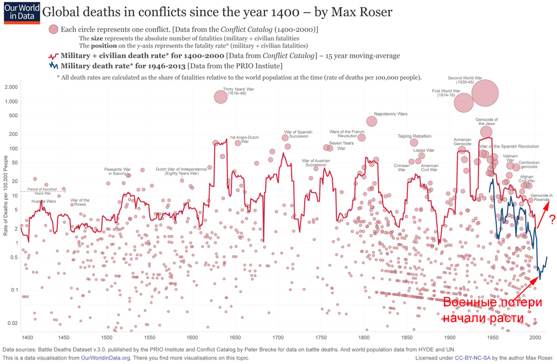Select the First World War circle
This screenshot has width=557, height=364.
(463, 102)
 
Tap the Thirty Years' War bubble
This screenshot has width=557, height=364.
(220, 97)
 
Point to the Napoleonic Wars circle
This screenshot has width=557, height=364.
(372, 121)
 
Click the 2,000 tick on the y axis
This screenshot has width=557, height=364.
(11, 87)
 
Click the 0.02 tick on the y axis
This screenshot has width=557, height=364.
(12, 323)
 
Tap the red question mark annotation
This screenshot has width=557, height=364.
(552, 220)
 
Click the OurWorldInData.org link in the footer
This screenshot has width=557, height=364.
(106, 357)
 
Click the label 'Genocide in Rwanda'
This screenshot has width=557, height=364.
(542, 197)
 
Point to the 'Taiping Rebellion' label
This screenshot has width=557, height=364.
(414, 136)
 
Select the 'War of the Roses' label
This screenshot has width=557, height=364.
(79, 202)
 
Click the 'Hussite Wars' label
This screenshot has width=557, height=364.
(44, 201)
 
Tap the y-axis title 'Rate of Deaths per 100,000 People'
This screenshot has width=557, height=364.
(5, 195)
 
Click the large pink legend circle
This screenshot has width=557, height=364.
(53, 29)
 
